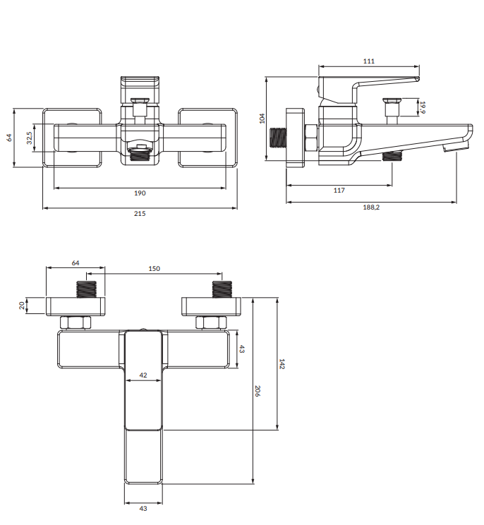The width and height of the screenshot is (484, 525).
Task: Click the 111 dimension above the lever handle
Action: coord(368,61)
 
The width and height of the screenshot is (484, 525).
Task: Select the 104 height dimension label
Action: coord(262,119)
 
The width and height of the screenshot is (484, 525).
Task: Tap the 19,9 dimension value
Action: coord(423,107)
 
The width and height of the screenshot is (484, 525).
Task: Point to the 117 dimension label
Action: coord(339,191)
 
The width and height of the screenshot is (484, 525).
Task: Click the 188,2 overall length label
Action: coord(371,207)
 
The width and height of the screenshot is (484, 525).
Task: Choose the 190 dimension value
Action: coord(140,193)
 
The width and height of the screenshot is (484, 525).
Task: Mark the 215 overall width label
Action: coord(140,214)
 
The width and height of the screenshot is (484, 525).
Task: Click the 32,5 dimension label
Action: coord(30,138)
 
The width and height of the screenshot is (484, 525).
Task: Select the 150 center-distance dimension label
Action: coord(154,269)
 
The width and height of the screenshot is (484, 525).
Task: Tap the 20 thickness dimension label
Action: coord(22,306)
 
